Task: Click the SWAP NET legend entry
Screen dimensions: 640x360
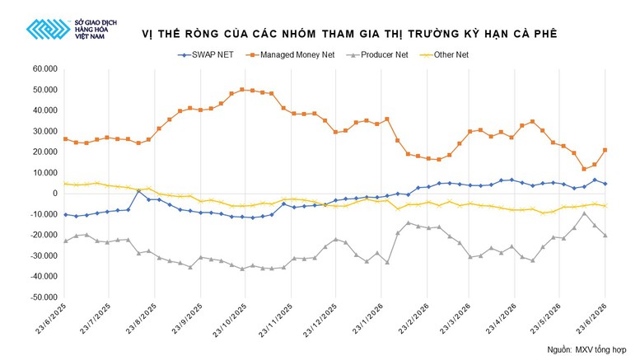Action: pyautogui.click(x=206, y=54)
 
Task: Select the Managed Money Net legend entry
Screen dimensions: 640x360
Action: pyautogui.click(x=290, y=54)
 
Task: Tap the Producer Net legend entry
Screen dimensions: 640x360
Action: pyautogui.click(x=376, y=54)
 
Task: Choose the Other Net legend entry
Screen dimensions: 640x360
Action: pyautogui.click(x=445, y=54)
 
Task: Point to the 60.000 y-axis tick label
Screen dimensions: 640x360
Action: pyautogui.click(x=45, y=68)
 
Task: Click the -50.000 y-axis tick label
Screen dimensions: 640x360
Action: pyautogui.click(x=44, y=297)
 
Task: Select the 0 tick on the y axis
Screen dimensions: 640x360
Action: pyautogui.click(x=55, y=194)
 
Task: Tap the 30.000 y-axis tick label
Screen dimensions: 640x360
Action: pyautogui.click(x=45, y=131)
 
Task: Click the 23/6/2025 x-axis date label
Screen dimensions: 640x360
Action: pyautogui.click(x=50, y=319)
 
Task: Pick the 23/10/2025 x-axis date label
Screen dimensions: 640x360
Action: pyautogui.click(x=230, y=320)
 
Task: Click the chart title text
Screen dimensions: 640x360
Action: pyautogui.click(x=349, y=34)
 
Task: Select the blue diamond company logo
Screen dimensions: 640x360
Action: pyautogui.click(x=48, y=29)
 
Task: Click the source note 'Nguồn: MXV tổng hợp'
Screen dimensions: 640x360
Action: pyautogui.click(x=586, y=350)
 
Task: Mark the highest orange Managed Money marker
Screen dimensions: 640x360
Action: pyautogui.click(x=242, y=90)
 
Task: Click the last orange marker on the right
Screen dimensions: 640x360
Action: pyautogui.click(x=605, y=150)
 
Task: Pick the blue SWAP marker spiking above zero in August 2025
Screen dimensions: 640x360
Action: pyautogui.click(x=138, y=190)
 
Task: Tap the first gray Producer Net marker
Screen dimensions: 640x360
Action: pyautogui.click(x=65, y=241)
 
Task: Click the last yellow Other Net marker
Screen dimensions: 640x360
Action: pyautogui.click(x=605, y=206)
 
